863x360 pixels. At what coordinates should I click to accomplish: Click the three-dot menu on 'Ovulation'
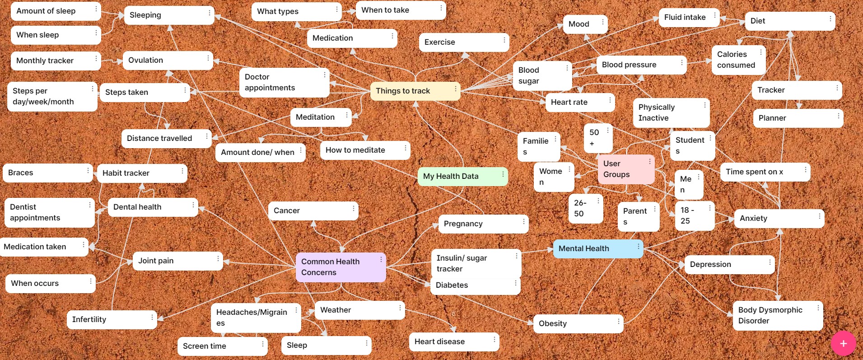(208, 58)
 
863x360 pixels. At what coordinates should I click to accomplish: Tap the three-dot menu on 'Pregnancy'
(524, 221)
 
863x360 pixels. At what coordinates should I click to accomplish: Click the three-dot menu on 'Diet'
(830, 19)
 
